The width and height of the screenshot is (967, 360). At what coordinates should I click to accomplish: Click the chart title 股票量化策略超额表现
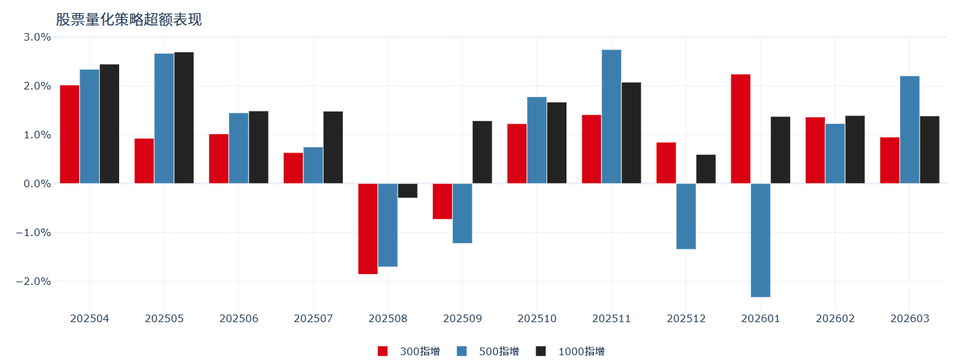[x=129, y=19]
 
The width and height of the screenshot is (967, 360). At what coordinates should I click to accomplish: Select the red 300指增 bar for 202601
[x=741, y=129]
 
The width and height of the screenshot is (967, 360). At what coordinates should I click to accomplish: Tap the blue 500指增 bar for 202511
[x=611, y=116]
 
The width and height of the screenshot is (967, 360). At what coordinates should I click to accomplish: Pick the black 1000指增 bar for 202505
[x=184, y=118]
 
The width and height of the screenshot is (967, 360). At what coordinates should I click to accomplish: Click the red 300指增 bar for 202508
[x=368, y=229]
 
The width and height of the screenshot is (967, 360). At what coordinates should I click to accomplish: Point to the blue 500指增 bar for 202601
[x=761, y=240]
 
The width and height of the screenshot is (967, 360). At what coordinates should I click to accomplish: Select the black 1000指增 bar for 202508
[x=407, y=191]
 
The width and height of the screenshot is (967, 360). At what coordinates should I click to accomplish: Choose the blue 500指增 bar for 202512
[x=686, y=216]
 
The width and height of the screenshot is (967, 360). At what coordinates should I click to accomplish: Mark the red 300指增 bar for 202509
[x=443, y=201]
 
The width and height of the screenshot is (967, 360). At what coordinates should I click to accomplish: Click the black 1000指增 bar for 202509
[x=482, y=152]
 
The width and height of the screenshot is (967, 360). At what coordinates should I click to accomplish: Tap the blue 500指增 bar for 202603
[x=910, y=129]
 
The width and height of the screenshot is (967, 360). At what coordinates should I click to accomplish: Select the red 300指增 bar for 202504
[x=70, y=134]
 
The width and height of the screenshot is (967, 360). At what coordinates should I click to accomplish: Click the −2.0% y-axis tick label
[x=34, y=282]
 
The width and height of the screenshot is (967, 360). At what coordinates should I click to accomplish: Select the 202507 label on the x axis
[x=313, y=319]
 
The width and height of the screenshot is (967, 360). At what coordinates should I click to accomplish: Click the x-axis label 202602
[x=835, y=319]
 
